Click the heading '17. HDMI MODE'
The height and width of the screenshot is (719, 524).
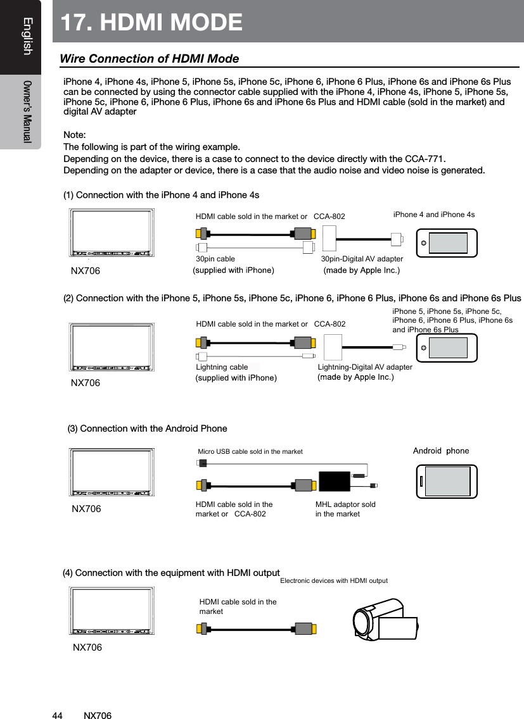click(151, 22)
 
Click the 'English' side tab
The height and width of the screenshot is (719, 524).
click(26, 37)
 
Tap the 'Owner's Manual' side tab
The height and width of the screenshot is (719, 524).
click(26, 111)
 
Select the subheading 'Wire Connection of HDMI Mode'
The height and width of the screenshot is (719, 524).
click(149, 59)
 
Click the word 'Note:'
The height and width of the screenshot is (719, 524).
click(75, 136)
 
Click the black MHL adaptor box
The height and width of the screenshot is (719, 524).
click(334, 482)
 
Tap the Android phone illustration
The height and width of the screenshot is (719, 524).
click(446, 481)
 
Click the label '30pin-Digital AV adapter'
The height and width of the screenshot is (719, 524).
click(362, 259)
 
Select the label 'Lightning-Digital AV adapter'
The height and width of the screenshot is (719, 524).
click(364, 367)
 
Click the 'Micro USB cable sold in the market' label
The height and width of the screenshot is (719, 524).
click(250, 451)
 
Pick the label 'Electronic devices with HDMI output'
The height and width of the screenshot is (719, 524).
click(333, 580)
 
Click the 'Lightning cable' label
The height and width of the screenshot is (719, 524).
click(222, 367)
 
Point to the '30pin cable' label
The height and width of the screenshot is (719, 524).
click(215, 259)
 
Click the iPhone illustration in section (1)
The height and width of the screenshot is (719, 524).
click(446, 243)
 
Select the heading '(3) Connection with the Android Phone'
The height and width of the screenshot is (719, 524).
click(147, 428)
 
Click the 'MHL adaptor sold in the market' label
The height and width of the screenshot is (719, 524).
click(345, 509)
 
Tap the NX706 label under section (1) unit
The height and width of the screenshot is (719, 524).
click(85, 271)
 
